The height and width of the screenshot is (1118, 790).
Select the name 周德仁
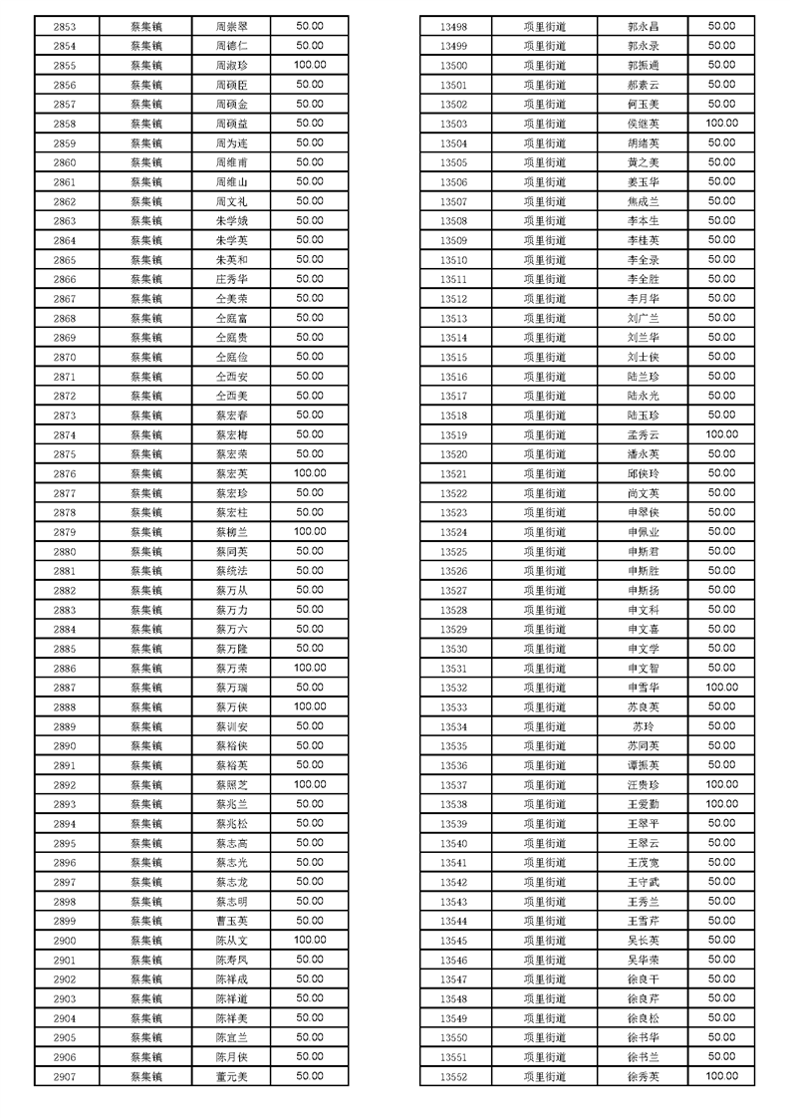pos(231,46)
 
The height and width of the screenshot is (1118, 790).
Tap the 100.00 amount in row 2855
pos(310,65)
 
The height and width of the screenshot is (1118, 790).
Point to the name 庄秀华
pos(231,279)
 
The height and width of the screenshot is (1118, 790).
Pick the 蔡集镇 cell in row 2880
pos(146,552)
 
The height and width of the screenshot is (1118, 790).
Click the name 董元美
pos(231,1077)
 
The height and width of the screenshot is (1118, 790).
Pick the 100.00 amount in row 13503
pos(721,124)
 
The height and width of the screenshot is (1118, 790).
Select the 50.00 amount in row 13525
pos(721,552)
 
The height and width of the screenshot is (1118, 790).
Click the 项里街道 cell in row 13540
pos(543,844)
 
